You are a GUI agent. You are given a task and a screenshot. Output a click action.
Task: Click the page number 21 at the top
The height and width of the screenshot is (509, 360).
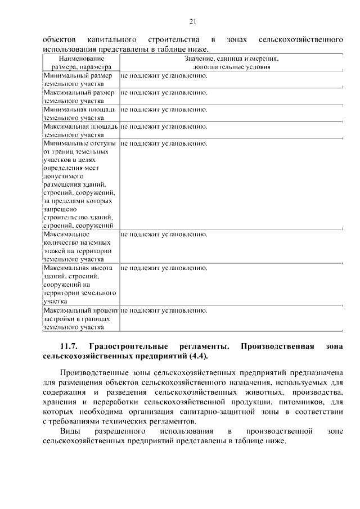coord(192,22)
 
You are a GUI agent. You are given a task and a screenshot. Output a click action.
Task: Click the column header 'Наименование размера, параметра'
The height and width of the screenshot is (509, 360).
coord(81,62)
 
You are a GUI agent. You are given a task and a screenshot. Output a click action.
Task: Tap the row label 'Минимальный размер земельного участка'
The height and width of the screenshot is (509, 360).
coord(80,79)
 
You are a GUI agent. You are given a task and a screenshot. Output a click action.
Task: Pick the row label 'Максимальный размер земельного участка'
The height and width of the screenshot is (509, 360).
coord(80,97)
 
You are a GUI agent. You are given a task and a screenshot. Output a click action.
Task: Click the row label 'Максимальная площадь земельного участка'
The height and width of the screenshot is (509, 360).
coord(80,130)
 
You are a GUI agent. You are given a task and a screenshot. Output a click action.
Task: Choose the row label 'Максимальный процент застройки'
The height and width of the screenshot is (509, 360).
coord(80,318)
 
